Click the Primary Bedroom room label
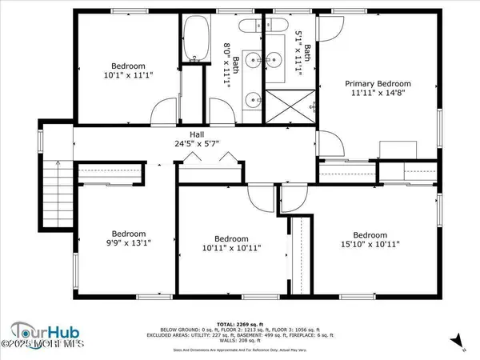378,84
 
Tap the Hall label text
196,134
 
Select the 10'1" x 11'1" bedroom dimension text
129,74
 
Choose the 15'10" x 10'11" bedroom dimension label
375,245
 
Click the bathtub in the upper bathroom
193,39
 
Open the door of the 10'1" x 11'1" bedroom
163,113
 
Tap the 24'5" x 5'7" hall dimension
196,145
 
